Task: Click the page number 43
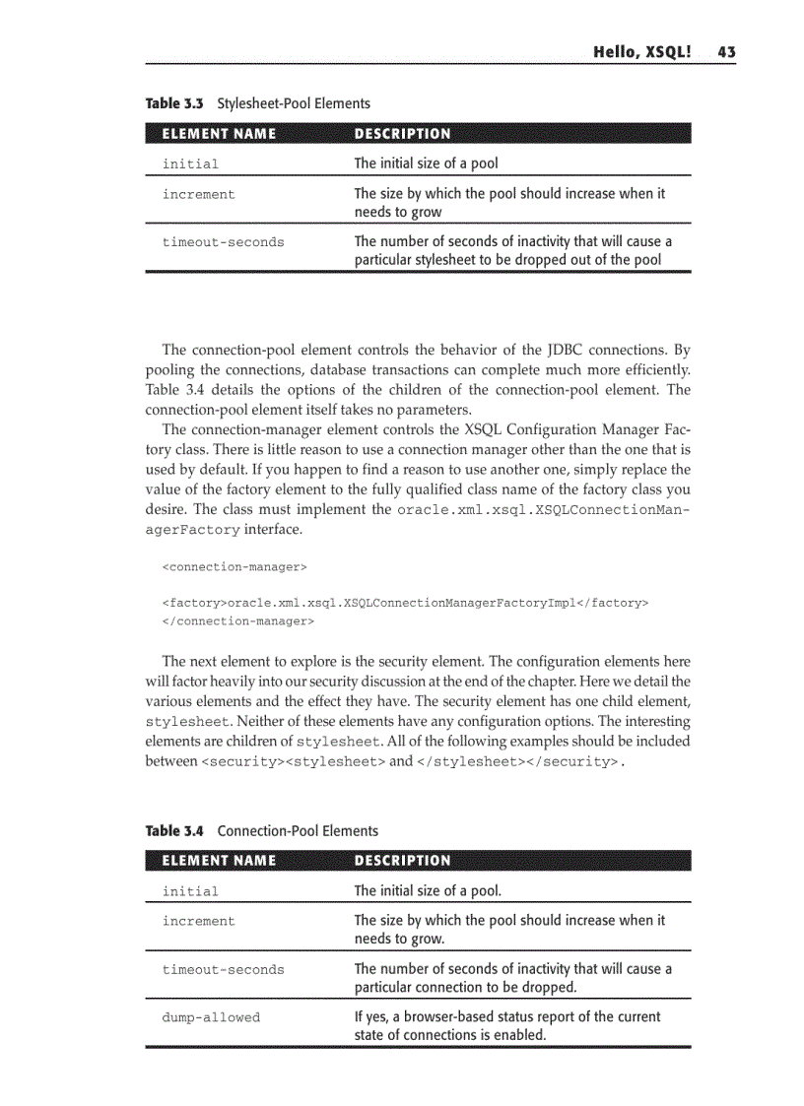click(x=726, y=52)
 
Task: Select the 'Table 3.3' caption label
click(x=176, y=103)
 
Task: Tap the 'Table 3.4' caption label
click(x=176, y=831)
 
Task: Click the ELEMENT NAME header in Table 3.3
click(x=219, y=134)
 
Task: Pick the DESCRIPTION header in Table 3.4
click(x=402, y=861)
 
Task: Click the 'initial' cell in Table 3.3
click(x=190, y=164)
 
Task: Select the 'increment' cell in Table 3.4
click(x=198, y=922)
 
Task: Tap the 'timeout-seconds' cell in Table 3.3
click(x=223, y=242)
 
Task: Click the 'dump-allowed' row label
click(x=211, y=1017)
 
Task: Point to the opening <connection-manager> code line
click(x=234, y=567)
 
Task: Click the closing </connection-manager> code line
click(x=238, y=621)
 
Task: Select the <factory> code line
click(x=405, y=602)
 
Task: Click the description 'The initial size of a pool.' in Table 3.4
click(x=428, y=891)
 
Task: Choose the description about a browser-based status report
click(x=506, y=1025)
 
